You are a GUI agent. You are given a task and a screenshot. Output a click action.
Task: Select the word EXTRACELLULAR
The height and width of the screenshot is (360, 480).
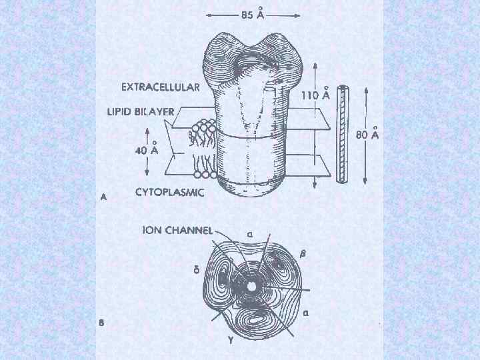[161, 87]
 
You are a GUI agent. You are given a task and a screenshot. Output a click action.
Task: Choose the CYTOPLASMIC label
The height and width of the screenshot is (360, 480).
[169, 193]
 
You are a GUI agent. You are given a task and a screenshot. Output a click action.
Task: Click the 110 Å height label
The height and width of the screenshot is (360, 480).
[316, 95]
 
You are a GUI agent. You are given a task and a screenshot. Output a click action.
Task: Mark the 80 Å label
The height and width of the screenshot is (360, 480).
[367, 135]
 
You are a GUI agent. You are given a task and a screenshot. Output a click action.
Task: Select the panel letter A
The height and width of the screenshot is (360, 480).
[104, 197]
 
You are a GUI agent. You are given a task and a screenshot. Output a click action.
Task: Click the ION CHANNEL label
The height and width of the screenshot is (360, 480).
[177, 230]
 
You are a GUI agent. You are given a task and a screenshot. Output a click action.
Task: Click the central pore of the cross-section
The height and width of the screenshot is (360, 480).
[252, 286]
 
